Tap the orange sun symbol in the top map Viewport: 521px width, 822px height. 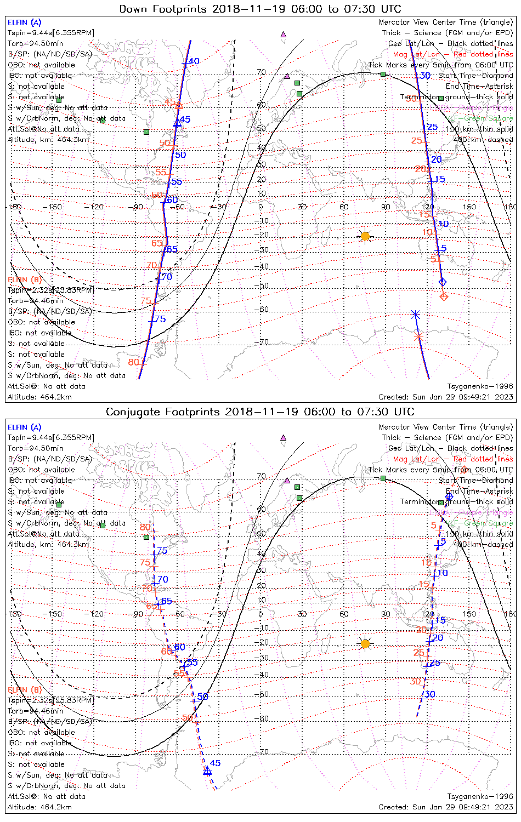[365, 236]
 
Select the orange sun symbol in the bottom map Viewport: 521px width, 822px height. [365, 643]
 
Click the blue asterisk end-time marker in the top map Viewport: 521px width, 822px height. [415, 315]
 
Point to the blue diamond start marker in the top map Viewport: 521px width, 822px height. [443, 282]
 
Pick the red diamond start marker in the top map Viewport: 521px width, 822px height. [444, 296]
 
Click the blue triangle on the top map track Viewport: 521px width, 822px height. [177, 123]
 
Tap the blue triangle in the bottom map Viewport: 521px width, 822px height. [207, 770]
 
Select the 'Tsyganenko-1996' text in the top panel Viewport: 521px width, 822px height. [480, 386]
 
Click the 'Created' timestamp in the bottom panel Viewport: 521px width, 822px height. [446, 807]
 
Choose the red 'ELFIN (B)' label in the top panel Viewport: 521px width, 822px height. [25, 280]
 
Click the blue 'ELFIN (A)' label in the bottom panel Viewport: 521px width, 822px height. [25, 427]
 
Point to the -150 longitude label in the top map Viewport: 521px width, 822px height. [55, 207]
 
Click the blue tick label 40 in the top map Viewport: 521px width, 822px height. [194, 61]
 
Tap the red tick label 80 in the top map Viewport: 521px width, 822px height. [134, 362]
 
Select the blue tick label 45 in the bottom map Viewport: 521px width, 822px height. [215, 763]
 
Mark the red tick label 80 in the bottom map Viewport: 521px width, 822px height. [145, 527]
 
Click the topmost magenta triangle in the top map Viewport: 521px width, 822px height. [284, 34]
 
